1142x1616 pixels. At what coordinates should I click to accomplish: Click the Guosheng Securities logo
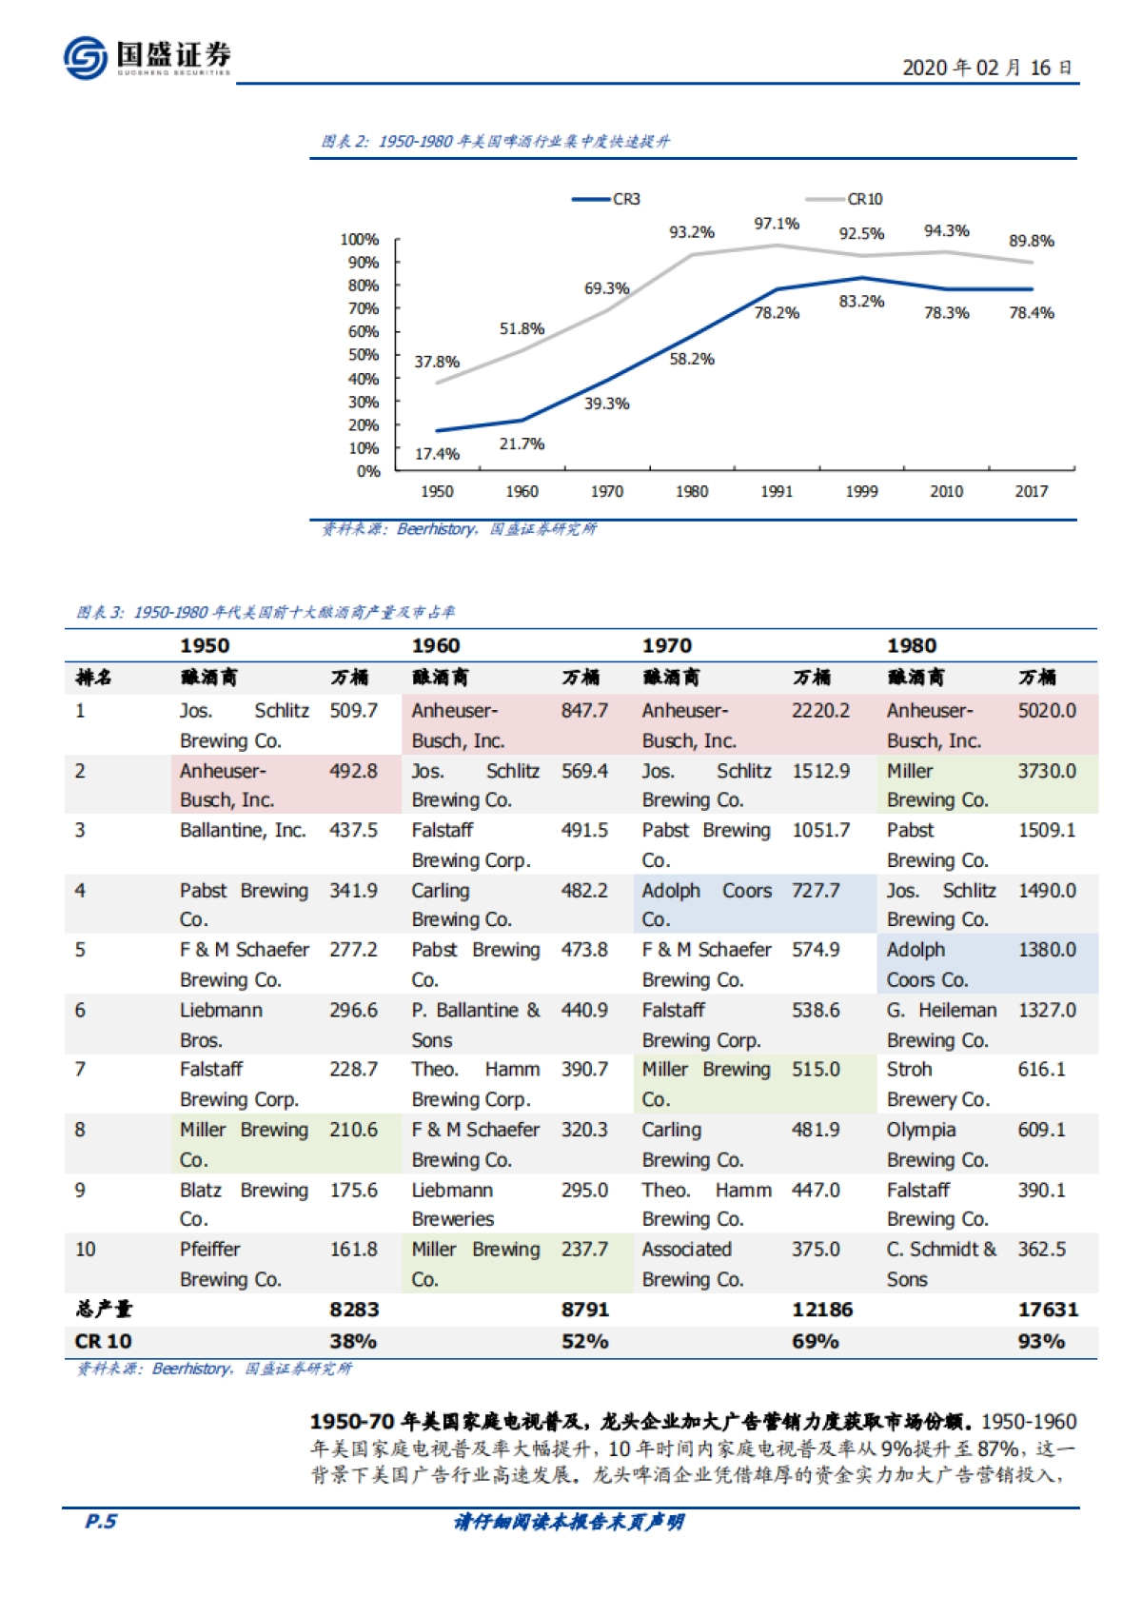(x=147, y=57)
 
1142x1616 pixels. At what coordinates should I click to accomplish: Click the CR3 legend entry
(x=606, y=199)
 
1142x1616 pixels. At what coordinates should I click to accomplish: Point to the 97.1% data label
(x=777, y=224)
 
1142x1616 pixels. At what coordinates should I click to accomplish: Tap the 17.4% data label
(x=437, y=454)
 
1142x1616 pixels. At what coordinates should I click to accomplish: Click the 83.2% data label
(x=861, y=302)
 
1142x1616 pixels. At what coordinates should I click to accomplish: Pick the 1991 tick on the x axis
(x=777, y=491)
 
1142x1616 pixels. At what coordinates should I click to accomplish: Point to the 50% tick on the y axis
(x=364, y=355)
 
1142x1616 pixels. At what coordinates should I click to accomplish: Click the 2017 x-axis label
(x=1031, y=491)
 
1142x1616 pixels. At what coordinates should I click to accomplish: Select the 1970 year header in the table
(x=667, y=645)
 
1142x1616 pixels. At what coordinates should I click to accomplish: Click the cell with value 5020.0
(x=1047, y=711)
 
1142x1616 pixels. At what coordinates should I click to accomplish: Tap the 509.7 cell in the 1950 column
(x=353, y=711)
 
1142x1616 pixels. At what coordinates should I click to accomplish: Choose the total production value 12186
(x=822, y=1310)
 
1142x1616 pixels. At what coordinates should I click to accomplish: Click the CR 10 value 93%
(x=1041, y=1341)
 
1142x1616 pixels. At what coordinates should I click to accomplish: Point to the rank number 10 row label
(x=86, y=1249)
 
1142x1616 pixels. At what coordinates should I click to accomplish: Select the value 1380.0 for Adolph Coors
(x=1047, y=950)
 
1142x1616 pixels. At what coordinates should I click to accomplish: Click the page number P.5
(x=101, y=1521)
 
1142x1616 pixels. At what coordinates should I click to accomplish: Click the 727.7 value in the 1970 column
(x=816, y=891)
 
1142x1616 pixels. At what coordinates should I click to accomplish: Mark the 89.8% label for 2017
(x=1032, y=241)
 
